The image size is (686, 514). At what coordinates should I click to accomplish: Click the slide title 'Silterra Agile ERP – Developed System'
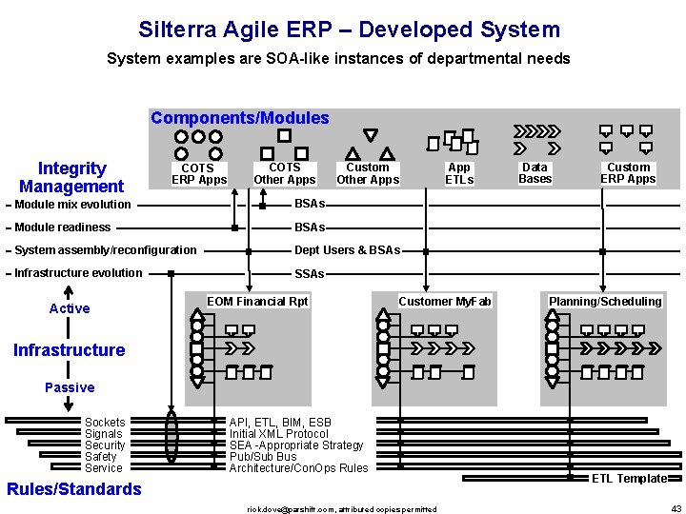[349, 30]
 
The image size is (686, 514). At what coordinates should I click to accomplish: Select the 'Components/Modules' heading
[239, 118]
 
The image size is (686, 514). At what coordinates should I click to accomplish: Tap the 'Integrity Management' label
[71, 178]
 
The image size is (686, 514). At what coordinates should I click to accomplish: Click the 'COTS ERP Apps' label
[199, 174]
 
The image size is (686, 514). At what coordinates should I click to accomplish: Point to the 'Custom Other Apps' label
[368, 173]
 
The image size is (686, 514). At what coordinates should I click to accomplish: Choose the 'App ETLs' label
[459, 173]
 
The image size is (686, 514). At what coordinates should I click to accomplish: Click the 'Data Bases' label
[535, 172]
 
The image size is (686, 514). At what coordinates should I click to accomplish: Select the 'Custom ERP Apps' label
[628, 172]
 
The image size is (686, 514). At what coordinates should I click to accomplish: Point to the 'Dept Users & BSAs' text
[347, 250]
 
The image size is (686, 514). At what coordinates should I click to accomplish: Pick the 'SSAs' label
[309, 274]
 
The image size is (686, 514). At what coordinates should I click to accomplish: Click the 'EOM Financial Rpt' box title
[257, 302]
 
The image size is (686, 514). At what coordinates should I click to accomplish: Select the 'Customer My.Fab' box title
[445, 302]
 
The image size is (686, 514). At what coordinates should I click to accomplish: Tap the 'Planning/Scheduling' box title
[605, 302]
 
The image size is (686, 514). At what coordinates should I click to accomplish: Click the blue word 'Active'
[70, 308]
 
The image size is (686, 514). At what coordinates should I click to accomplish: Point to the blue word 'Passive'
[70, 387]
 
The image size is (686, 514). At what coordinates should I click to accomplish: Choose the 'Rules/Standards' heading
[73, 489]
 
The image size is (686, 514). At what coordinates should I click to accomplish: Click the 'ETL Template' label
[629, 479]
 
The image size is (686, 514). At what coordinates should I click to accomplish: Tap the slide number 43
[676, 508]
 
